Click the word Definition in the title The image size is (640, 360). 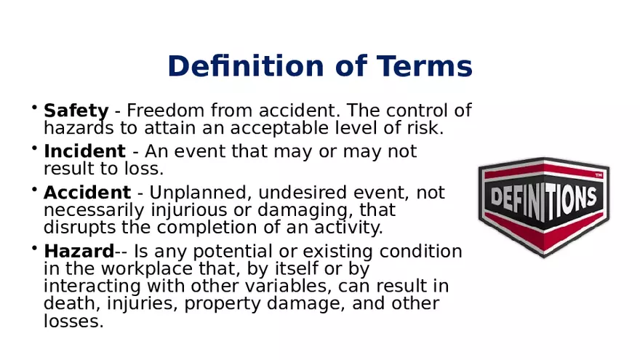(x=246, y=65)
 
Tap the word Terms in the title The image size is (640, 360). (x=425, y=65)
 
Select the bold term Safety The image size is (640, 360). (x=76, y=111)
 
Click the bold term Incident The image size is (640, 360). (x=84, y=151)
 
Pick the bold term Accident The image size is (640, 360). (x=87, y=192)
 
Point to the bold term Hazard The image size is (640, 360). (x=79, y=251)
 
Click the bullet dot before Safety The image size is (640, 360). (x=34, y=107)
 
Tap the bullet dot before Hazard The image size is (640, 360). (x=34, y=247)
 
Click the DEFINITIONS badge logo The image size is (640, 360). (x=544, y=207)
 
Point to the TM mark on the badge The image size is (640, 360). (x=599, y=175)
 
